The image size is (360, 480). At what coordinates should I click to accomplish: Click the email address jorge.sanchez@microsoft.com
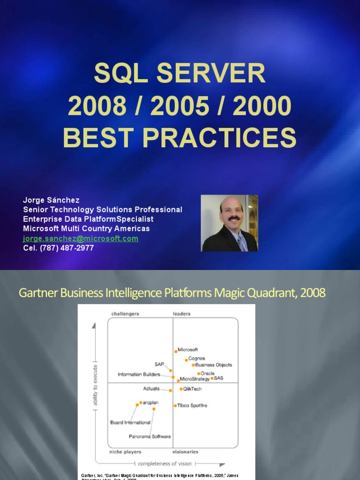[x=81, y=239]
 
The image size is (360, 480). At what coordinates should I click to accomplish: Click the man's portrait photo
[x=229, y=223]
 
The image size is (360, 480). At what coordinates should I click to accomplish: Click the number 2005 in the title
[x=180, y=106]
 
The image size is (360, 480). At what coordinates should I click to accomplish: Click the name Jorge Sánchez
[x=52, y=200]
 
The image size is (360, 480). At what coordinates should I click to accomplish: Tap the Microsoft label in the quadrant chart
[x=188, y=350]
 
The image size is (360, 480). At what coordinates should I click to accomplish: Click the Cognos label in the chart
[x=196, y=359]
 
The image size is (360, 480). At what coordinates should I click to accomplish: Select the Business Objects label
[x=214, y=365]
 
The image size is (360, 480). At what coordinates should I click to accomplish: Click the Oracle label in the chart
[x=208, y=374]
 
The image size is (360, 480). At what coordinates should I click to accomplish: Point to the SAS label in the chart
[x=218, y=378]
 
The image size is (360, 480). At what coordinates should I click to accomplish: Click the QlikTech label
[x=192, y=389]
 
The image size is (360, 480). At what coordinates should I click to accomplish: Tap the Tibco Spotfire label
[x=192, y=405]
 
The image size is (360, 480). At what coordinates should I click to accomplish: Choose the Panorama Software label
[x=150, y=436]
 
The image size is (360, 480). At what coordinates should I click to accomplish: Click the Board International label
[x=130, y=422]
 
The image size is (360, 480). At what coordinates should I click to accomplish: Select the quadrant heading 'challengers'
[x=125, y=314]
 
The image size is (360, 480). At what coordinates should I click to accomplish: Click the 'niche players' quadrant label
[x=125, y=452]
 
